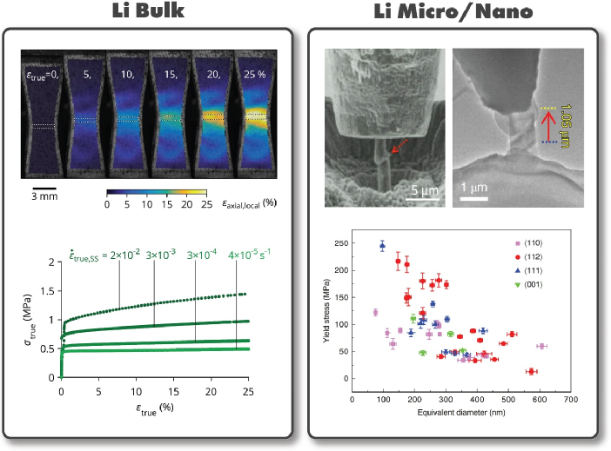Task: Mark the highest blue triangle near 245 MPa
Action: pos(382,246)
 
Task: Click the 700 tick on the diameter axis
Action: pos(569,401)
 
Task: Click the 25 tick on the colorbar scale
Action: pos(205,204)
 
